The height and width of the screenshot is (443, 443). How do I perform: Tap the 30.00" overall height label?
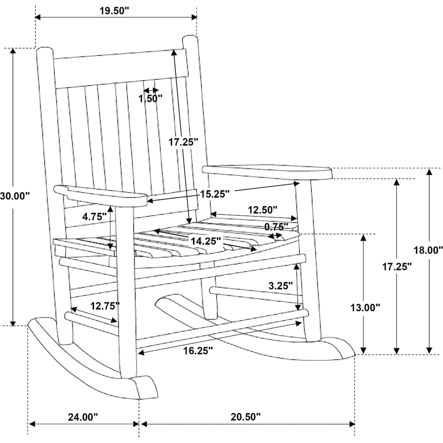(x=14, y=196)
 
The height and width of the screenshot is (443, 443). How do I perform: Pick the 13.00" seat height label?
(x=365, y=308)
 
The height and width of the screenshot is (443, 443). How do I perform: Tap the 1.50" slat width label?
(x=151, y=98)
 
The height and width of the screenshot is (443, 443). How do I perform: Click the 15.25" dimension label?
(x=215, y=193)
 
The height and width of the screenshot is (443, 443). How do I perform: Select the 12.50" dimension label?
(x=263, y=210)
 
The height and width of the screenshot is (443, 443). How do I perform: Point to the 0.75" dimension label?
(x=277, y=226)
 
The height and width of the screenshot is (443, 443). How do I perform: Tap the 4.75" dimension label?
(x=94, y=216)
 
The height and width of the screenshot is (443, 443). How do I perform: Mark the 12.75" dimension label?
(x=105, y=306)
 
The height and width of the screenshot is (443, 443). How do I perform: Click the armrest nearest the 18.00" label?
(x=267, y=172)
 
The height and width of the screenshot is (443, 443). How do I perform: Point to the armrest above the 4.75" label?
(x=100, y=196)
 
